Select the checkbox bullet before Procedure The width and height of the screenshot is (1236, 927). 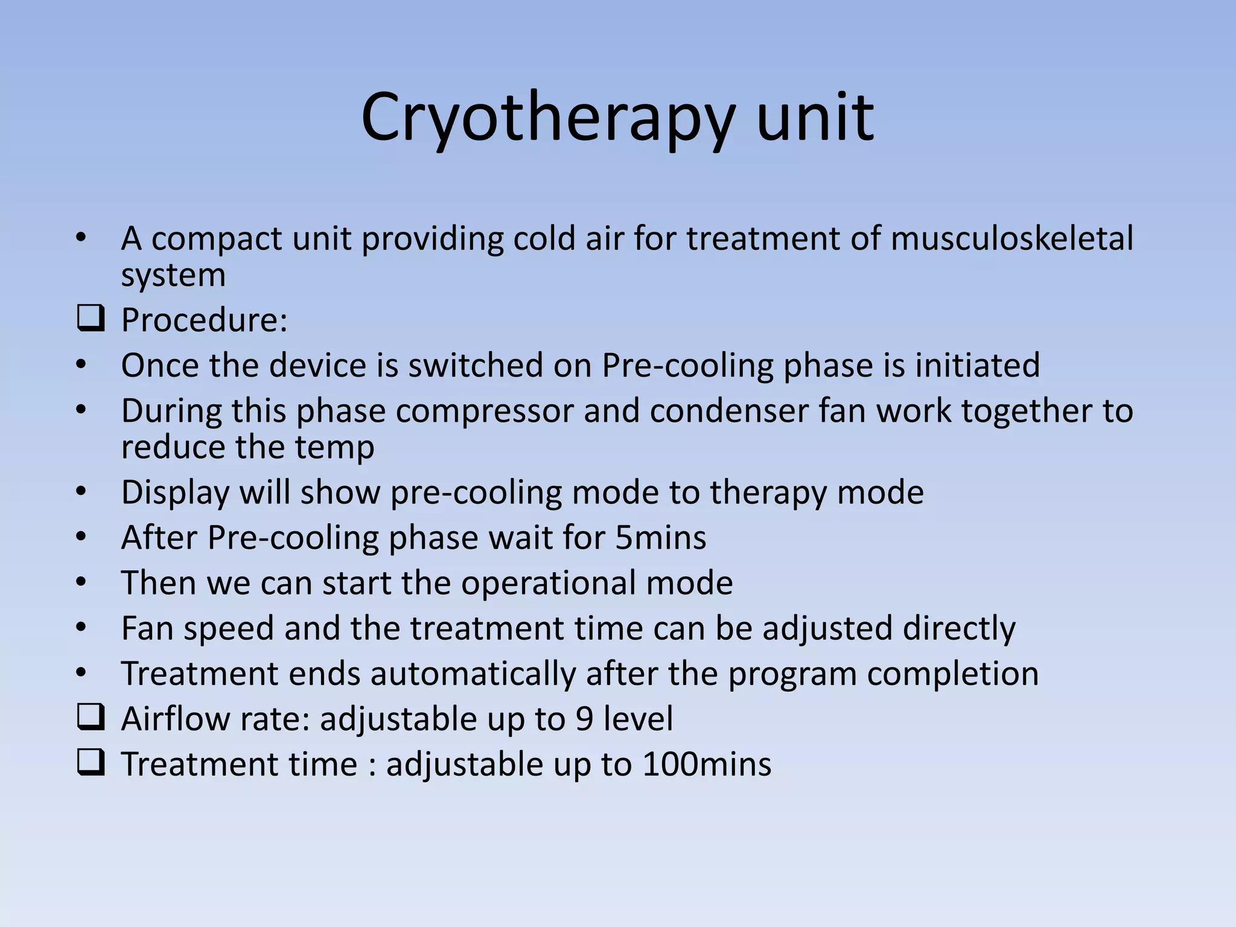(91, 319)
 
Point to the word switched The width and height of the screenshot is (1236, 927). (476, 365)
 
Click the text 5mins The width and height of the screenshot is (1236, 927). (660, 538)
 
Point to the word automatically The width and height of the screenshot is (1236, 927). (473, 674)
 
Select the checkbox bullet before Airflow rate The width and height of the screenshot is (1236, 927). (91, 718)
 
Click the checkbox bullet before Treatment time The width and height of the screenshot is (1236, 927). (91, 763)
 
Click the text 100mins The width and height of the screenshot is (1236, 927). (707, 764)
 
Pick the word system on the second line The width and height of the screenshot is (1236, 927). (173, 276)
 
